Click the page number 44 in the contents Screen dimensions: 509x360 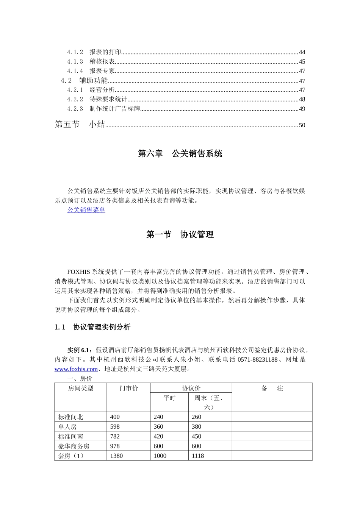302,52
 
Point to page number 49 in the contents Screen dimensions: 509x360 302,109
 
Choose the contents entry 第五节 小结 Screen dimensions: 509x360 80,125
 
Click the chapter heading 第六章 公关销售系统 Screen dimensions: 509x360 180,154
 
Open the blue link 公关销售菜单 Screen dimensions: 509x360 86,210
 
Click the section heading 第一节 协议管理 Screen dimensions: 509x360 180,235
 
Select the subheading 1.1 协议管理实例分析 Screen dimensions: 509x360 92,327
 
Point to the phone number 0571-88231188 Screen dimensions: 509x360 257,359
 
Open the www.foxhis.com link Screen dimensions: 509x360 76,369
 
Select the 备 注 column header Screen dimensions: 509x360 272,389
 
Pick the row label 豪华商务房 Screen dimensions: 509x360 74,446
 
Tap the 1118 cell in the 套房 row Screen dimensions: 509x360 198,456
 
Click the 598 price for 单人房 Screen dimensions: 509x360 115,427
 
